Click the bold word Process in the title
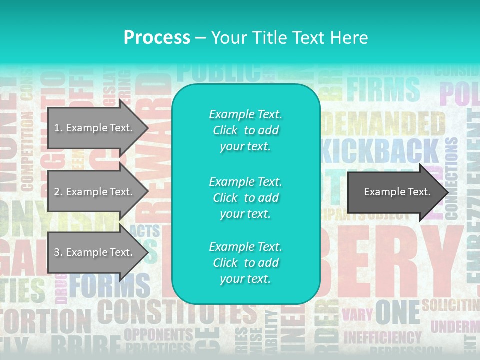coord(157,37)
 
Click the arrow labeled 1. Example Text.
coord(95,128)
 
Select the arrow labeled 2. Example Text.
coord(95,192)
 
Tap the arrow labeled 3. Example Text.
coord(95,252)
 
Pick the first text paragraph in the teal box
coord(245,130)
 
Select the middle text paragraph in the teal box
coord(245,198)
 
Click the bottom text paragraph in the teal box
coord(245,263)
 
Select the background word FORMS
coord(110,286)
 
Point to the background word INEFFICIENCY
coord(383,337)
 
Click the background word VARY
coord(357,314)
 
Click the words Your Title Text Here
coord(289,37)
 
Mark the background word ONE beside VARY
coord(397,312)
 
